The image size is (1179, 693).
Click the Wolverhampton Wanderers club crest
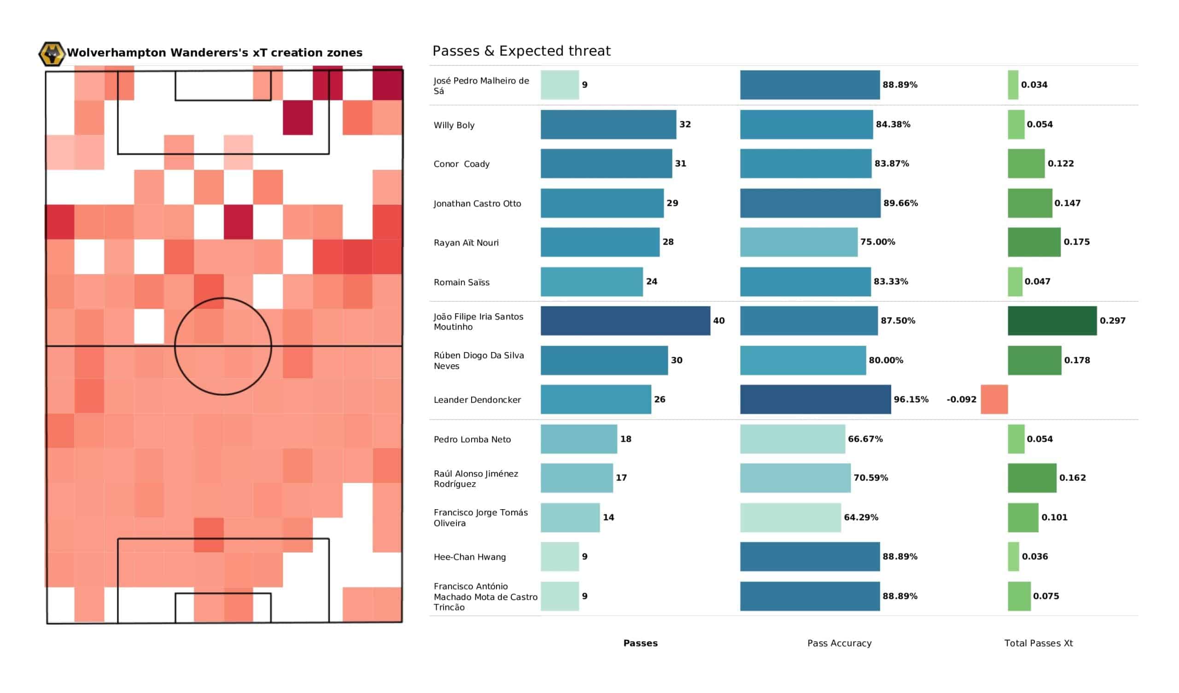click(52, 54)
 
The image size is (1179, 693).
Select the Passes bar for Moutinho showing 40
click(625, 321)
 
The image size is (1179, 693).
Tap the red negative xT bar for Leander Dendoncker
click(994, 399)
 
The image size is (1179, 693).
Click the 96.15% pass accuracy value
click(911, 399)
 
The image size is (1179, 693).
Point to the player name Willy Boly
click(454, 125)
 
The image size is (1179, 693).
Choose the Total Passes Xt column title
click(1038, 643)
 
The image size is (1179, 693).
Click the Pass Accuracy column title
click(839, 643)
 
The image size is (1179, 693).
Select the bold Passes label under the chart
click(640, 643)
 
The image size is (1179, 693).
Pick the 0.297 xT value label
click(1112, 321)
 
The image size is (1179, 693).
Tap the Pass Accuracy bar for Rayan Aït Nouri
click(799, 242)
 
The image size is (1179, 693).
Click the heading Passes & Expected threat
click(521, 51)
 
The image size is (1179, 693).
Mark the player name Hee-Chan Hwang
click(469, 557)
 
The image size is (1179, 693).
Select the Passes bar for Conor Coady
click(606, 164)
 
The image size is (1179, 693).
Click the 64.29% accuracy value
click(861, 517)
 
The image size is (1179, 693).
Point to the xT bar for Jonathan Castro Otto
click(1029, 203)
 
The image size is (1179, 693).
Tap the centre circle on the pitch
click(223, 346)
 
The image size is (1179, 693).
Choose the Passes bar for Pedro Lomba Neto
click(579, 439)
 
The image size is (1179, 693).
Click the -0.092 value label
click(961, 399)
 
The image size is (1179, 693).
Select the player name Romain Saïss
click(461, 282)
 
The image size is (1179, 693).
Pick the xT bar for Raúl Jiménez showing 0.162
click(1032, 478)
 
